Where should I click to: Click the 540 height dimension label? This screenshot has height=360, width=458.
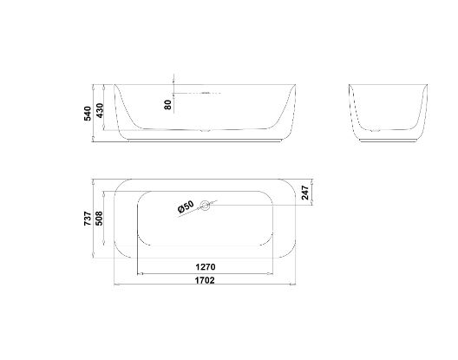[x=88, y=113]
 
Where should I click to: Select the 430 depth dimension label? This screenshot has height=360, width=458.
[x=100, y=111]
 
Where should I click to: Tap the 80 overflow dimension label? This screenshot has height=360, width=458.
[x=167, y=103]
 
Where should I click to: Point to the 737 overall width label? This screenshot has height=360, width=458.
[x=88, y=221]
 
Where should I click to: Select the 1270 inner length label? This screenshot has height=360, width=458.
[x=206, y=266]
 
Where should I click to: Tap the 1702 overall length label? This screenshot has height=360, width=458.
[x=206, y=280]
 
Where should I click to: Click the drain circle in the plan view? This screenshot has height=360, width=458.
[x=206, y=206]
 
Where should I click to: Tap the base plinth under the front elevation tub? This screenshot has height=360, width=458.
[x=206, y=139]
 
